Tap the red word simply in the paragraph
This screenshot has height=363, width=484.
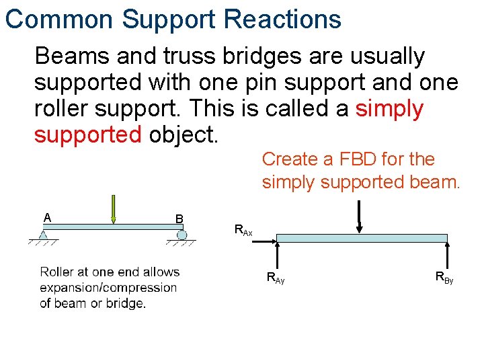tap(390, 108)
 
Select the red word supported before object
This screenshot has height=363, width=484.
tap(87, 134)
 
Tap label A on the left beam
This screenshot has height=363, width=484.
tap(47, 217)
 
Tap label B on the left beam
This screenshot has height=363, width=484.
tap(179, 218)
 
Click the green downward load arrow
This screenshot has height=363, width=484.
tap(114, 209)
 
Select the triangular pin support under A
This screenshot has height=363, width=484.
tap(43, 235)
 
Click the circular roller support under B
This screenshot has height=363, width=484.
tap(182, 235)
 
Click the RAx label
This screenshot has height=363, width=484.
tap(243, 230)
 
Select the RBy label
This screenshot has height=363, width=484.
tap(444, 276)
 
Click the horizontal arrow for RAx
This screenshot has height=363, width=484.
tap(262, 238)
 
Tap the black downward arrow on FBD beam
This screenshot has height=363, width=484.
tap(360, 219)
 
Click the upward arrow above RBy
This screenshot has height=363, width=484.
tap(447, 255)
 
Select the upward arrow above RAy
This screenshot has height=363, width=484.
tap(278, 256)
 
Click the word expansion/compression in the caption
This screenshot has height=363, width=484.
tap(108, 288)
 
